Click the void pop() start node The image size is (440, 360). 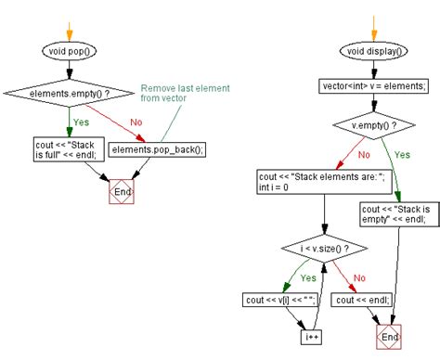(71, 52)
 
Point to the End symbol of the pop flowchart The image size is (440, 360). (121, 191)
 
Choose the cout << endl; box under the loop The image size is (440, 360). (358, 300)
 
